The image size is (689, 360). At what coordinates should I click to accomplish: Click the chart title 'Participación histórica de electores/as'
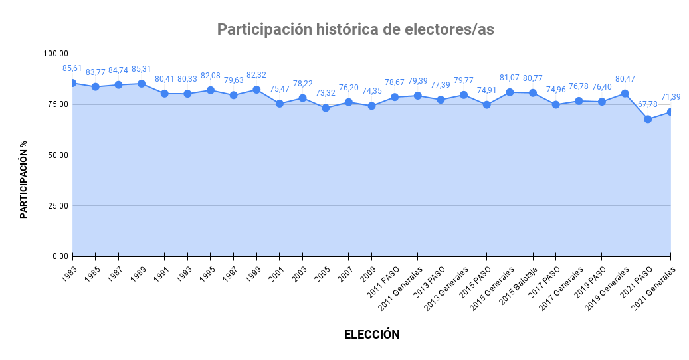(355, 29)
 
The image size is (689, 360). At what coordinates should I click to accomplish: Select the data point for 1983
(72, 83)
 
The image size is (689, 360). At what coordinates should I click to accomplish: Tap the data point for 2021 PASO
(648, 119)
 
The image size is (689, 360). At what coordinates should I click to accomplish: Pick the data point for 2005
(326, 108)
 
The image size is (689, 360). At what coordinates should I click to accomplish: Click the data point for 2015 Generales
(510, 92)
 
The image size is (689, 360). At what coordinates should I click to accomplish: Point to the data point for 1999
(256, 90)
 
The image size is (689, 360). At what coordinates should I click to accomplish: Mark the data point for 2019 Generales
(625, 94)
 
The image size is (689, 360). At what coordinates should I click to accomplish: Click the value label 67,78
(648, 104)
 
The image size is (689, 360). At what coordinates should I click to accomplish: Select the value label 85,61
(72, 68)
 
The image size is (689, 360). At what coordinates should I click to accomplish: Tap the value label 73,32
(326, 93)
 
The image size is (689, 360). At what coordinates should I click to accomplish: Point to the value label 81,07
(510, 78)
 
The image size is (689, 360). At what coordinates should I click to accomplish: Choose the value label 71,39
(670, 97)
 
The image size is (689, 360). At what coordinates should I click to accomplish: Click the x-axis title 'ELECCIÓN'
(371, 335)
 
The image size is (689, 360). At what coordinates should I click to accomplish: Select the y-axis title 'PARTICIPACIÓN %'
(23, 179)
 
